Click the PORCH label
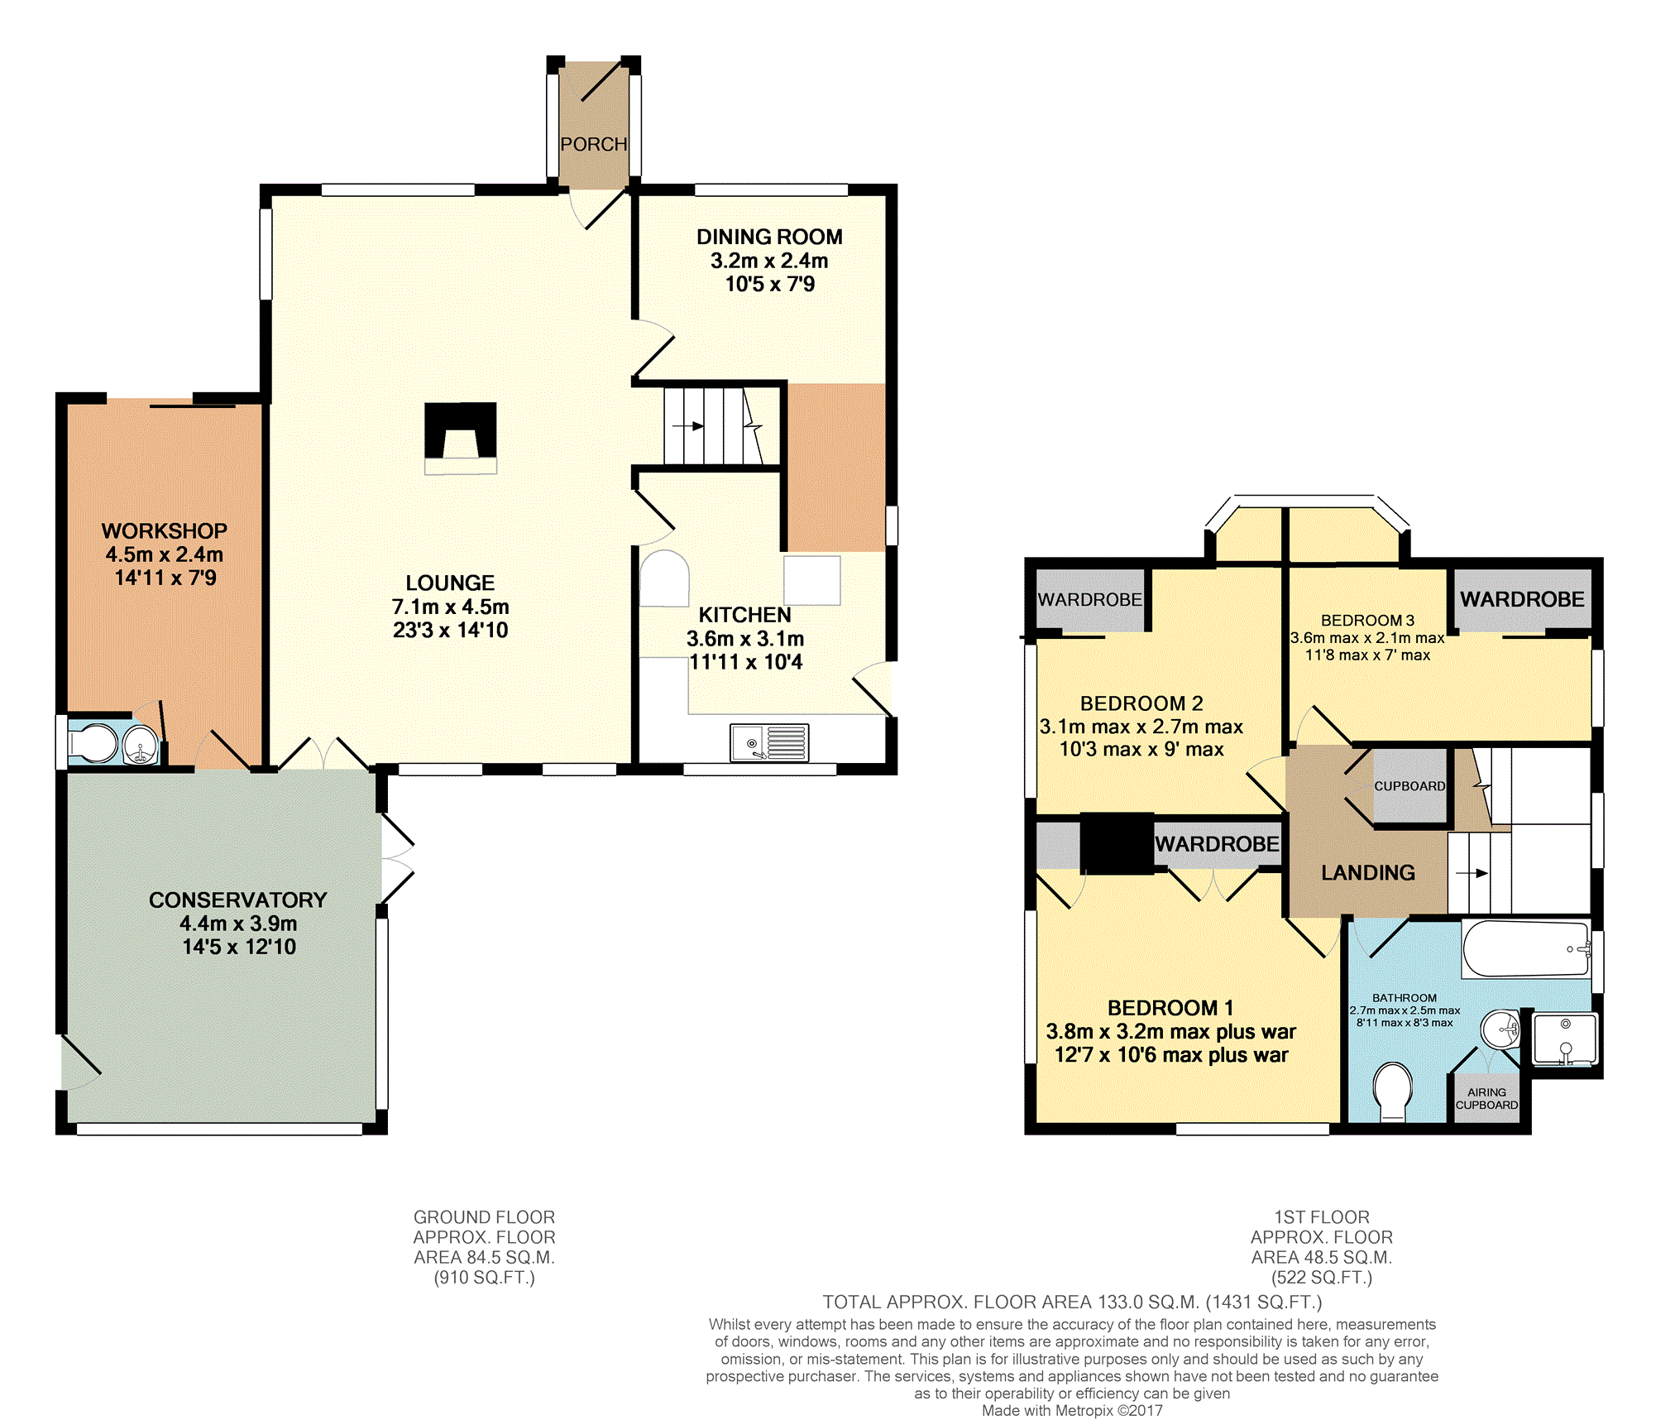(x=594, y=144)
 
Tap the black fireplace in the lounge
(x=461, y=430)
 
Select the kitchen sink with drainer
(x=769, y=742)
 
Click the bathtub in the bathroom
(x=1526, y=949)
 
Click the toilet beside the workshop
(x=93, y=744)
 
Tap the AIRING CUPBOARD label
(x=1486, y=1098)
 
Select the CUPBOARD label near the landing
(x=1409, y=786)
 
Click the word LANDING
(x=1368, y=872)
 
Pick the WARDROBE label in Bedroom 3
(x=1522, y=599)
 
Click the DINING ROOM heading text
(x=769, y=237)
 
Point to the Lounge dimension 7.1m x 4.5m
(x=451, y=607)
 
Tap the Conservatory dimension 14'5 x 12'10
(x=239, y=947)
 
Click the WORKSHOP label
(x=165, y=530)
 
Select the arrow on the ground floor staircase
(x=688, y=426)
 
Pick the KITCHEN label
(x=745, y=615)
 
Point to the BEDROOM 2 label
(x=1141, y=703)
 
